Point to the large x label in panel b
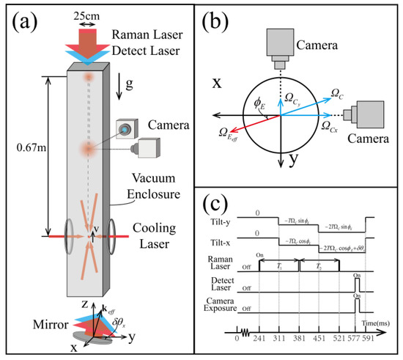[x=219, y=84]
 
